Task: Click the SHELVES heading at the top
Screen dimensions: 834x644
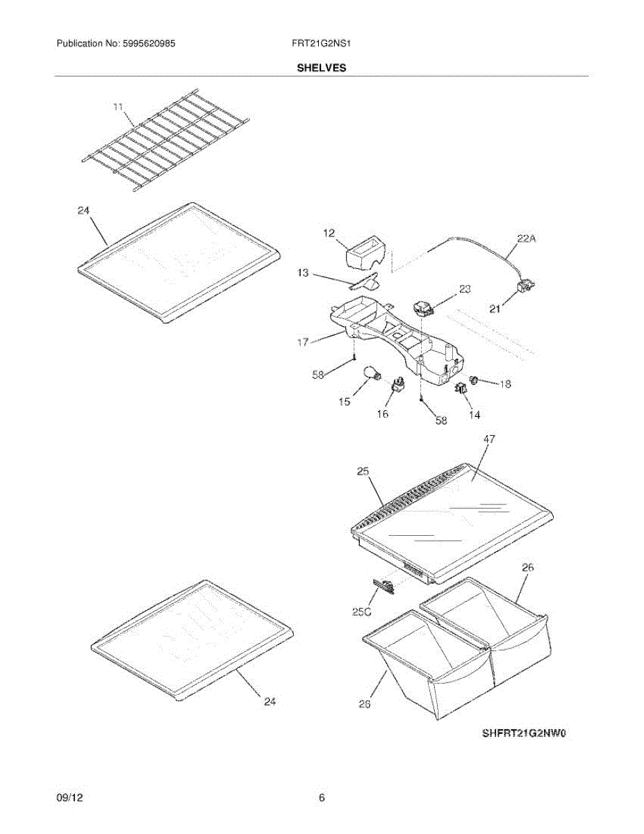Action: point(322,68)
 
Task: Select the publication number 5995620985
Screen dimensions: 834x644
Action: point(148,43)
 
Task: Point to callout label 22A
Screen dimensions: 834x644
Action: point(527,239)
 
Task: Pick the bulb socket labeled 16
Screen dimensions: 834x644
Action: point(399,384)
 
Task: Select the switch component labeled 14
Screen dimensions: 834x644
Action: point(461,391)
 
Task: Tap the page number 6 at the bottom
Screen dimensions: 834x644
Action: point(322,799)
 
